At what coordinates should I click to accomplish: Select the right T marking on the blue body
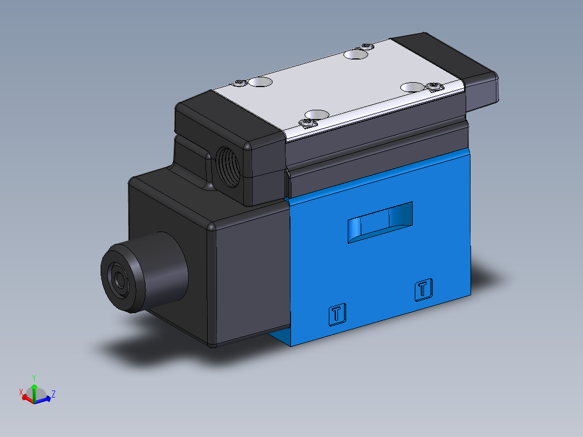point(423,289)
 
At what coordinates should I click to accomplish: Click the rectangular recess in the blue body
point(380,222)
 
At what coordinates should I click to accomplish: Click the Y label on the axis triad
point(34,377)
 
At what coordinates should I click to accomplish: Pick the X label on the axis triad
point(21,392)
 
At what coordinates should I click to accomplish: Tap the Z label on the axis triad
point(53,393)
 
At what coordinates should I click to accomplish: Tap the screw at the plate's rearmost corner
point(367,45)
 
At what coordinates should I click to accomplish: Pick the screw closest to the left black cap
point(240,83)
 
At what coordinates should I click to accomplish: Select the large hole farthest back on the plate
point(355,54)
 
